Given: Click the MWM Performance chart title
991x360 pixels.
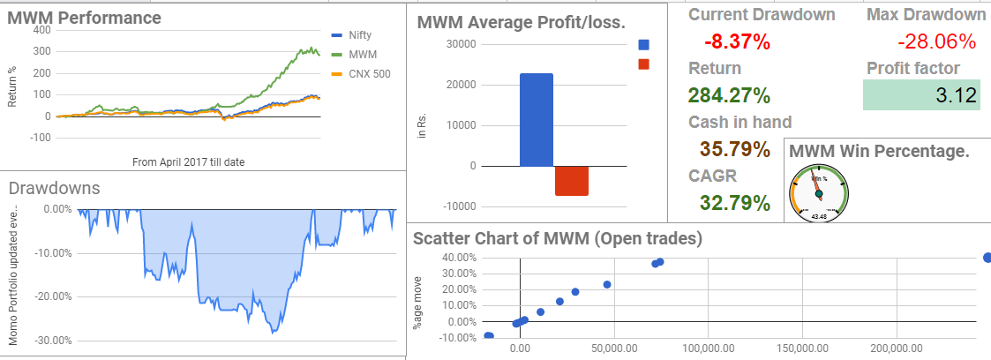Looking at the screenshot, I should [71, 17].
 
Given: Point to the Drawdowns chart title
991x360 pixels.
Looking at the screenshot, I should [54, 187].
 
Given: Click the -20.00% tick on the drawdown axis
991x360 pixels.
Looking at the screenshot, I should [51, 296].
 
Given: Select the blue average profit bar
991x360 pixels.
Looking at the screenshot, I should [537, 120].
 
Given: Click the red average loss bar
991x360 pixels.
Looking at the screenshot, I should [571, 181].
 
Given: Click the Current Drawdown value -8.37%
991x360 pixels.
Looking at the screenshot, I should [738, 41].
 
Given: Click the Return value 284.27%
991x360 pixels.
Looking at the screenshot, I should [735, 95].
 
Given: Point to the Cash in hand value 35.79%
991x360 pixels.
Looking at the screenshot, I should [735, 149].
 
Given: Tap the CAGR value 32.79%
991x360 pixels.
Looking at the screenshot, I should [735, 203].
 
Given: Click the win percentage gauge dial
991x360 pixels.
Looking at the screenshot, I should [819, 192].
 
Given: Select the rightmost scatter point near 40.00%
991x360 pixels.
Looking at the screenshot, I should [987, 258].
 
